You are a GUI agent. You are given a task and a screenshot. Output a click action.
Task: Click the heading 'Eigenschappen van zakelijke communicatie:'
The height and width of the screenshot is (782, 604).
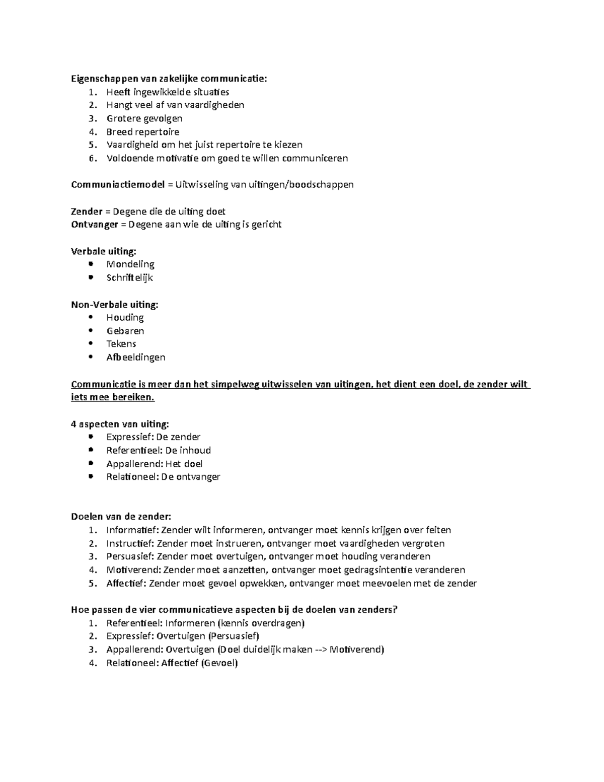(169, 79)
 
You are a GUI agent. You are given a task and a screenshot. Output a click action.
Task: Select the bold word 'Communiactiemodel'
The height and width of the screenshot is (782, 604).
(118, 184)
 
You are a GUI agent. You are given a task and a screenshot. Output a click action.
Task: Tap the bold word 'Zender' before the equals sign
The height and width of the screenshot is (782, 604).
(87, 211)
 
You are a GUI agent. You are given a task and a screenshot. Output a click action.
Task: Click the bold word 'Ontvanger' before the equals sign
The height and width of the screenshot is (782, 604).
(95, 225)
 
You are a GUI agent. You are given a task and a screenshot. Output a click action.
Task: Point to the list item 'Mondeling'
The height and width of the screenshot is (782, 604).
(130, 264)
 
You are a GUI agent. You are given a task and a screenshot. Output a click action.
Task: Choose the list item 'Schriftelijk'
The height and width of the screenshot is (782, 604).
(129, 277)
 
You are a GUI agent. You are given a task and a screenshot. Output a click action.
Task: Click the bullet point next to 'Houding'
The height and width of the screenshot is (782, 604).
(91, 317)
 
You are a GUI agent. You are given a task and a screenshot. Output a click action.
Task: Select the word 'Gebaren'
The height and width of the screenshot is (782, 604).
(125, 331)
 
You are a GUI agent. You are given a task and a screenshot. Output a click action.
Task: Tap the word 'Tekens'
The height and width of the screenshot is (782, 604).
(121, 344)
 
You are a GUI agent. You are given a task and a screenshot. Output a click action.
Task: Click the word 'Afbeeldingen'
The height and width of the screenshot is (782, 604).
(136, 358)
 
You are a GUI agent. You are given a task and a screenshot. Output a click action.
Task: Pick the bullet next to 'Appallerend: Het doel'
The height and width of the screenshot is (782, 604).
(91, 463)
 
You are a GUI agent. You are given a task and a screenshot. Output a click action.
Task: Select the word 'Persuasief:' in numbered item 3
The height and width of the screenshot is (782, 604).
(131, 556)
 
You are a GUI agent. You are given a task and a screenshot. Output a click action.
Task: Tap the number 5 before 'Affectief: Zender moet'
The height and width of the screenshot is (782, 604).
(92, 584)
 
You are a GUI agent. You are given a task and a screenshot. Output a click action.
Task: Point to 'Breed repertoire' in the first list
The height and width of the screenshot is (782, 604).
(143, 132)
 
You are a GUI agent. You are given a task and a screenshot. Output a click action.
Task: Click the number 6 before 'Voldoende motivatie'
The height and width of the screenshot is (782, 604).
(92, 159)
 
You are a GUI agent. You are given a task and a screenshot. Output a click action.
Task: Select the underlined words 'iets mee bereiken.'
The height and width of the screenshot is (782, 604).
(113, 397)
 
